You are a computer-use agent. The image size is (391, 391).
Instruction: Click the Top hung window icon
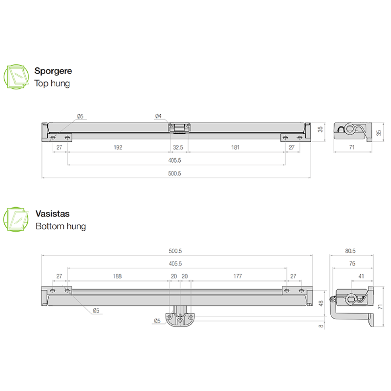click(16, 77)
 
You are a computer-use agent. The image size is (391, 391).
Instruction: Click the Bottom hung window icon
click(16, 219)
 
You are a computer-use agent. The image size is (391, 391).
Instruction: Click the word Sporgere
click(53, 71)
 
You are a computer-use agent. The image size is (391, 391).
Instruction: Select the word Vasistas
click(52, 214)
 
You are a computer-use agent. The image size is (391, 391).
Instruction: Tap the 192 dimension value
click(118, 147)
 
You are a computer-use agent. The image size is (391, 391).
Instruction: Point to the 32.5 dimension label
click(178, 147)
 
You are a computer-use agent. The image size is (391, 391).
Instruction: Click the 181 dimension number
click(235, 147)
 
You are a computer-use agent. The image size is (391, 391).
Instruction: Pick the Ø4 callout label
click(158, 116)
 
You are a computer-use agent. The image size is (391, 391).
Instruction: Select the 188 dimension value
click(117, 276)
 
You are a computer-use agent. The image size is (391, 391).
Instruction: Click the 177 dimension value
click(238, 276)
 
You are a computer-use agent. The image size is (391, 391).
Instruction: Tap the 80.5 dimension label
click(350, 251)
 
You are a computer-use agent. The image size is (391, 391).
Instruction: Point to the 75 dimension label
click(352, 264)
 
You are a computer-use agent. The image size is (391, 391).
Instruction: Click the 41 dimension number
click(361, 276)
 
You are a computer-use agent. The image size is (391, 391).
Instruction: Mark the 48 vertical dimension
click(321, 303)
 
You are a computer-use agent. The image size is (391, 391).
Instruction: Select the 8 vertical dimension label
click(321, 326)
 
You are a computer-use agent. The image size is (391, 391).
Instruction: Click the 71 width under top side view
click(352, 147)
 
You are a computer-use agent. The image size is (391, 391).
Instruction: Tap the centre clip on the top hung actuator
click(179, 128)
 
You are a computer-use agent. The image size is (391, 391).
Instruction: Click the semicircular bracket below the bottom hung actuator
click(180, 319)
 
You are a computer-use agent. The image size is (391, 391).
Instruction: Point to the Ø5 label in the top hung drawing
click(80, 116)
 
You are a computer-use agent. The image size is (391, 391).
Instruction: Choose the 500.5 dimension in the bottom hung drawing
click(175, 251)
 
